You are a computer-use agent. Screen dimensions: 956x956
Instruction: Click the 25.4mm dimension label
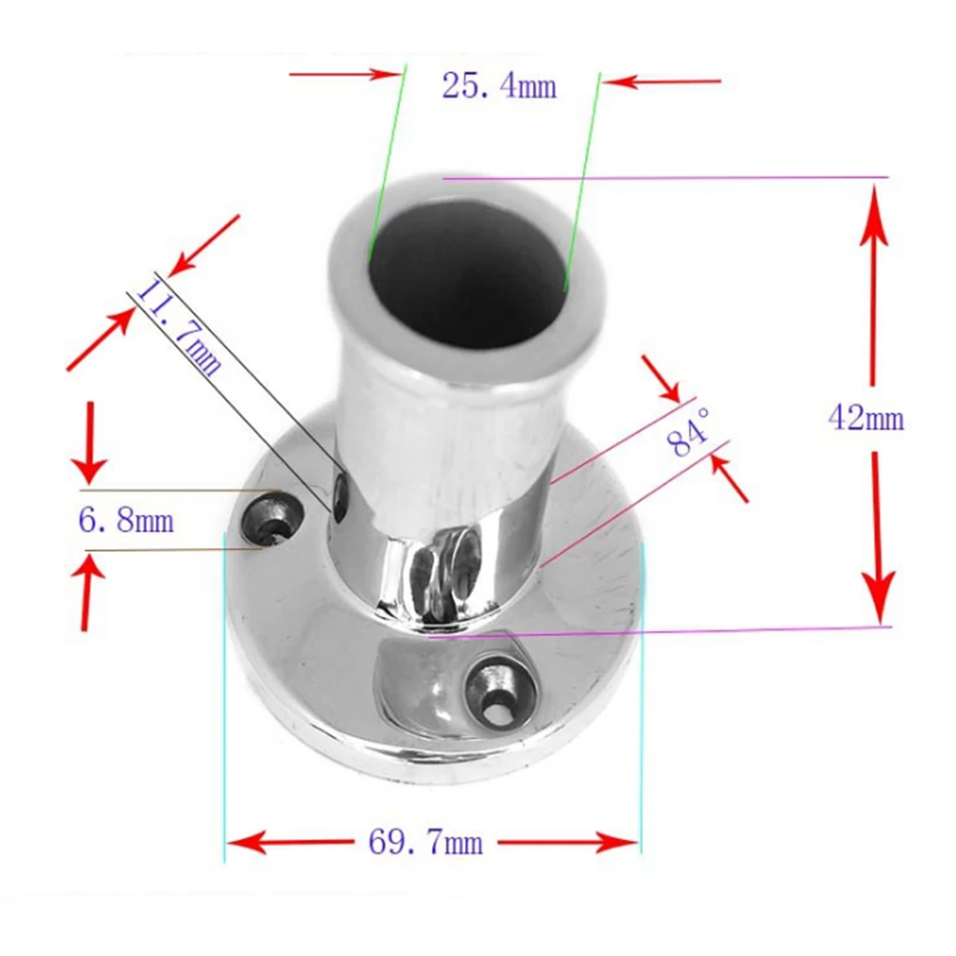pos(499,87)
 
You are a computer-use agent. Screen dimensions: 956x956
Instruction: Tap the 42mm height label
pos(865,418)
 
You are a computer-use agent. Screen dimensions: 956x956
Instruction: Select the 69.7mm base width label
pos(426,844)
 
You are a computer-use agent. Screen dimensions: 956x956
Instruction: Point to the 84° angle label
pos(691,432)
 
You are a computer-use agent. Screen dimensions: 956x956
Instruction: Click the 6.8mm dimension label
pos(125,520)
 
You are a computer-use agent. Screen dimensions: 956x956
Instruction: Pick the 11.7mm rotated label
pos(180,326)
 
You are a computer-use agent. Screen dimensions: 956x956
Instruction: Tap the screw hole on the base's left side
pos(274,519)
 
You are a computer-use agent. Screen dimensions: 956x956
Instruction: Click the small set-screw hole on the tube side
pos(342,495)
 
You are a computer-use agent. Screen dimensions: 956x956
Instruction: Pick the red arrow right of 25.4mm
pos(663,82)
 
